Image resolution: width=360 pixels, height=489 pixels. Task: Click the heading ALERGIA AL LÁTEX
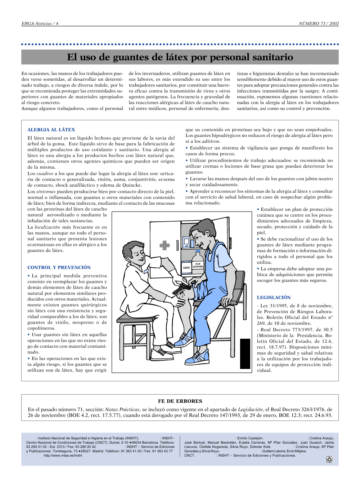[x=51, y=130]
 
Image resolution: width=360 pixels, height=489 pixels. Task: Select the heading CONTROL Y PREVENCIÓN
[x=59, y=267]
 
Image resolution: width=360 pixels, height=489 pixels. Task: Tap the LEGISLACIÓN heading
[x=274, y=297]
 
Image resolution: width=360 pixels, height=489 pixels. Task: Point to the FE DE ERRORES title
[x=180, y=401]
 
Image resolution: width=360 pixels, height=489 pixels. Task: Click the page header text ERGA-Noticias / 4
[x=40, y=23]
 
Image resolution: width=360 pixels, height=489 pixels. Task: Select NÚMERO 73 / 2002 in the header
[x=319, y=23]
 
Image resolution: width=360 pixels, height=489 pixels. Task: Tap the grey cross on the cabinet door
[x=165, y=245]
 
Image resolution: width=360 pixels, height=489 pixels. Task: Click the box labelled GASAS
[x=186, y=267]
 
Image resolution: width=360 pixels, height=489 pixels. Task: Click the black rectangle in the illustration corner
[x=245, y=353]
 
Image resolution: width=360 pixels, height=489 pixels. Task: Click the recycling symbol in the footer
[x=329, y=459]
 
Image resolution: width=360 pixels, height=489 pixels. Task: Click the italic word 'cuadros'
[x=45, y=173]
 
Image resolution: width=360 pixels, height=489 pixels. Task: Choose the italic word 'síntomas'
[x=46, y=191]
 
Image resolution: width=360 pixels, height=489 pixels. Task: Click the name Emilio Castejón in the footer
[x=250, y=438]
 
